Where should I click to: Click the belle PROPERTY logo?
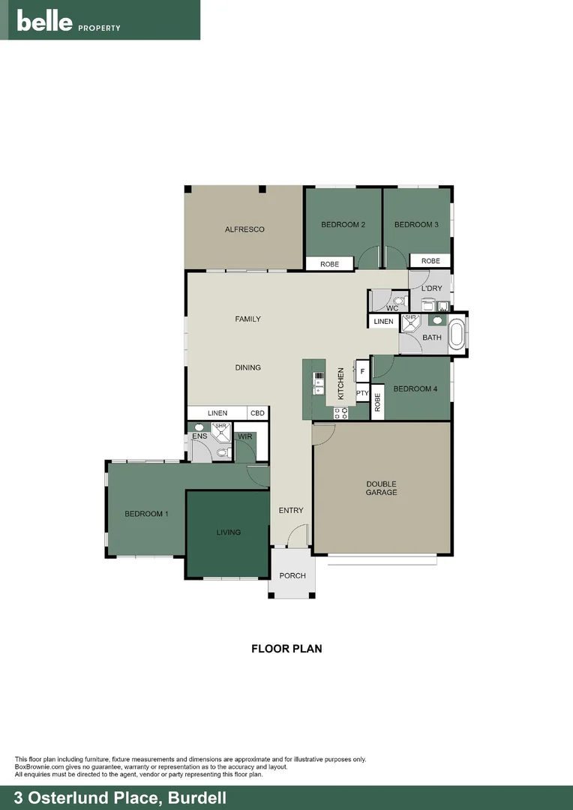tap(69, 22)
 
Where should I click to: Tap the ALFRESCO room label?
tap(244, 229)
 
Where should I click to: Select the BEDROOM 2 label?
tap(343, 225)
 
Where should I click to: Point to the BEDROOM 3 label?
tap(416, 225)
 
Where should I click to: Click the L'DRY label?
tap(431, 289)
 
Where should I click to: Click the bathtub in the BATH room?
tap(457, 334)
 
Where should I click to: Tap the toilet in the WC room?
tap(398, 301)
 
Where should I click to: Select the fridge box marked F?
tap(362, 371)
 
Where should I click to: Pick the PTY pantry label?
tap(362, 393)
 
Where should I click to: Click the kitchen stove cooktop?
tap(340, 412)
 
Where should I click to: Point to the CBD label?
tap(257, 413)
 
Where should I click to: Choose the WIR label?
tap(244, 436)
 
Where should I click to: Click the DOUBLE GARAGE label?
tap(381, 488)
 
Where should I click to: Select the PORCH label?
tap(292, 576)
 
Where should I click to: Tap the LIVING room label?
tap(228, 532)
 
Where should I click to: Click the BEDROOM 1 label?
tap(146, 514)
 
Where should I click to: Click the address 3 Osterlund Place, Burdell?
tap(115, 797)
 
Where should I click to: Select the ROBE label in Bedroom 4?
tap(378, 403)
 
